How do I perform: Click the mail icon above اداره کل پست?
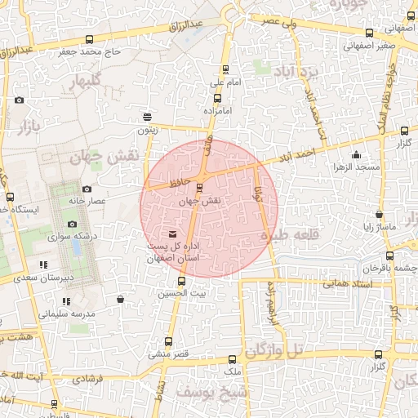coord(171,235)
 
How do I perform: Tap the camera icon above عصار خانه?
coord(87,189)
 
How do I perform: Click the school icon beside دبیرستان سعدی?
coord(43,265)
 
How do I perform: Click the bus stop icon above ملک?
coord(233,359)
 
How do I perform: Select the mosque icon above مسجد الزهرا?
coord(355,156)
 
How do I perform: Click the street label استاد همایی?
coord(347,283)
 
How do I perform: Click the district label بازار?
coord(26,127)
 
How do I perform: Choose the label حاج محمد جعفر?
coord(90,52)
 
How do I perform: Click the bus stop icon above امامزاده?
coord(217,98)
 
